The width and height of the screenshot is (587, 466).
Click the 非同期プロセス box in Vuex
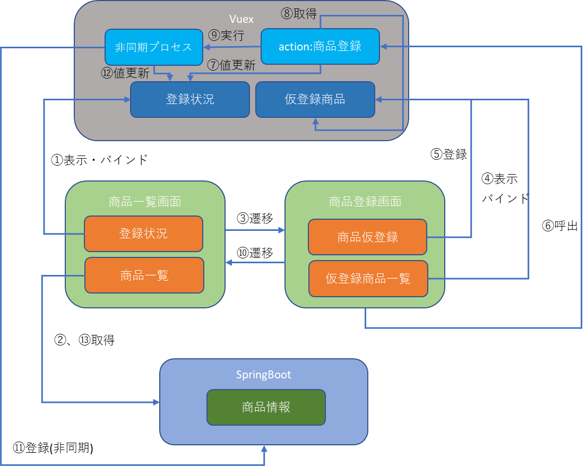coord(154,47)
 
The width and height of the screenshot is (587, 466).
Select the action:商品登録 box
coord(320,46)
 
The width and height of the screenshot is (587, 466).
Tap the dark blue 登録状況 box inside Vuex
coord(189,99)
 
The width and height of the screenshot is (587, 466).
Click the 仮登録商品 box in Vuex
coord(315,99)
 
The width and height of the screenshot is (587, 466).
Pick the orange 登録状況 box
coord(143,234)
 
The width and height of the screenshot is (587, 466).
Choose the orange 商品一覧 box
coord(144,275)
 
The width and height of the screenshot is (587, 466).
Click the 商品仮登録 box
coord(367,237)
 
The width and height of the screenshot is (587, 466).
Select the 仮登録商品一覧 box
coord(368,278)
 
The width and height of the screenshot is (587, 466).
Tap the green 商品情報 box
coord(266,407)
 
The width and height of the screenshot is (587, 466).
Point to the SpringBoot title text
coord(263,375)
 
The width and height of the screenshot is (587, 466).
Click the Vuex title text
coord(241,19)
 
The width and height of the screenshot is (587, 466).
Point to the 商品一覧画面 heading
coord(145,202)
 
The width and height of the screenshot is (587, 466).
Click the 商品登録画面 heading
coord(365,202)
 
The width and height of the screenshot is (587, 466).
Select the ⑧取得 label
coord(299,13)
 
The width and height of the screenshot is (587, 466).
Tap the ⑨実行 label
coord(226,36)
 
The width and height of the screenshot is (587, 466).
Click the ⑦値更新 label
coord(231,65)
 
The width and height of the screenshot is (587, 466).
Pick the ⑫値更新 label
coord(125,73)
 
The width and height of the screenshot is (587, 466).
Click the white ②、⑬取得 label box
coord(90,341)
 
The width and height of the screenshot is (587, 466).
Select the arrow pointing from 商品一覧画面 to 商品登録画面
coord(255,230)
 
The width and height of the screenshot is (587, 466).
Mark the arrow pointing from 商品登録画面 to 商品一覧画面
coord(255,262)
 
